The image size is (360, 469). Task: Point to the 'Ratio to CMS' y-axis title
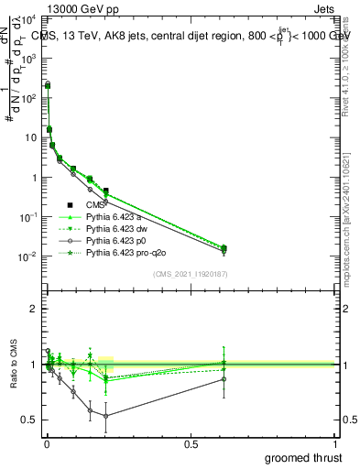tap(12, 376)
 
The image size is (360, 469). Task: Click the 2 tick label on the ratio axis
tap(34, 309)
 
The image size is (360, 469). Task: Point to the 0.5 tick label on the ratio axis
tap(31, 420)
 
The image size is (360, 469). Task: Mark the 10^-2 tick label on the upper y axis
tap(28, 256)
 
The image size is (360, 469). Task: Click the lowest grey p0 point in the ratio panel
tap(106, 416)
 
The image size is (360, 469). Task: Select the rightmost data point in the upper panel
tap(224, 248)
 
